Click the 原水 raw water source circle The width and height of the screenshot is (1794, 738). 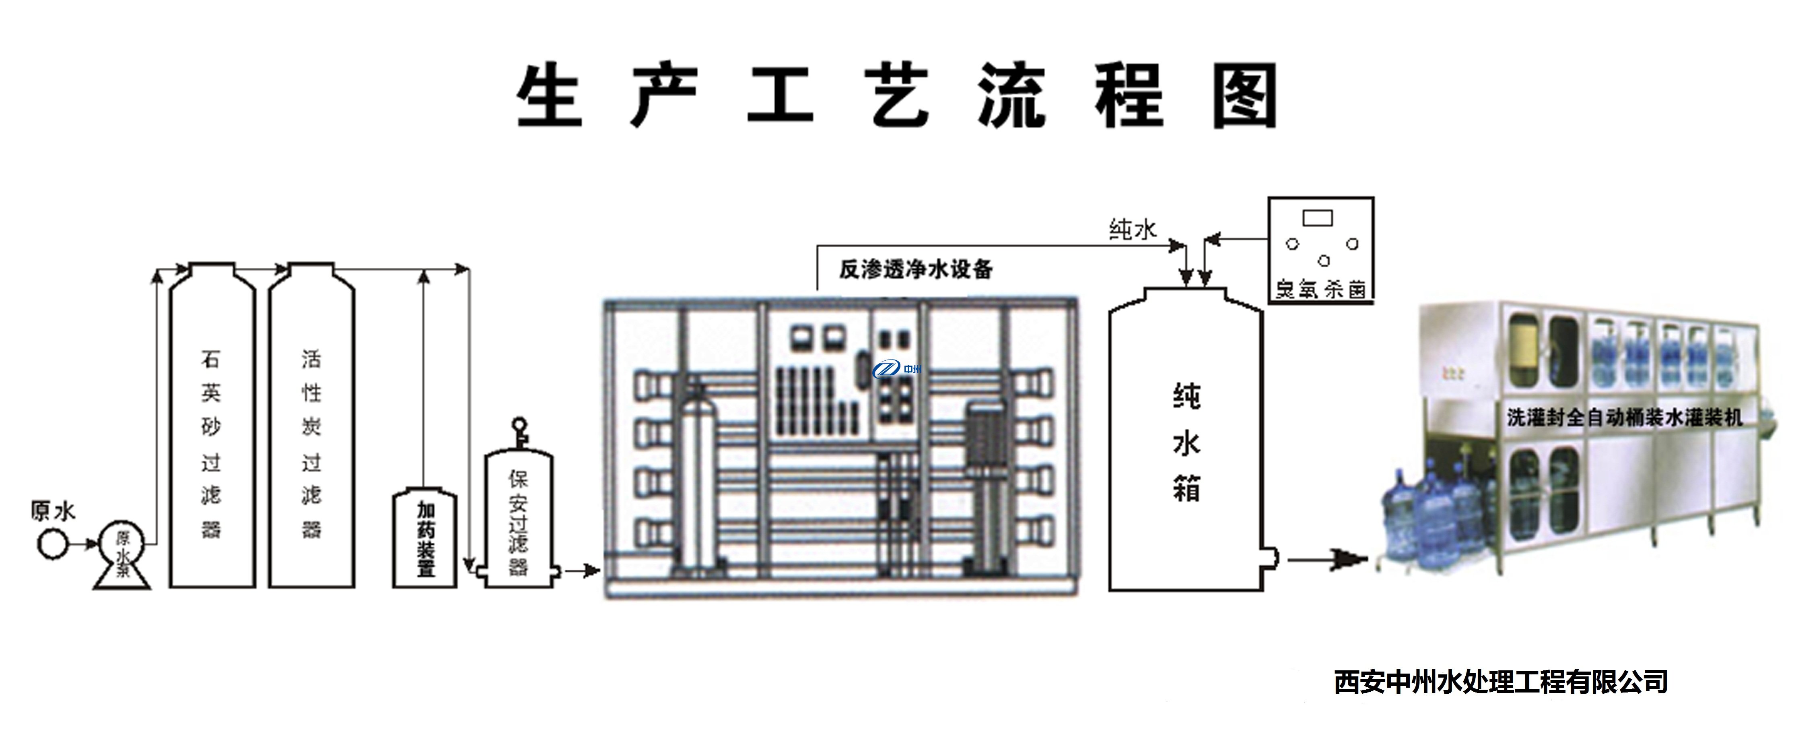pyautogui.click(x=53, y=544)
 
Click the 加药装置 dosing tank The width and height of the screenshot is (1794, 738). pyautogui.click(x=425, y=540)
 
